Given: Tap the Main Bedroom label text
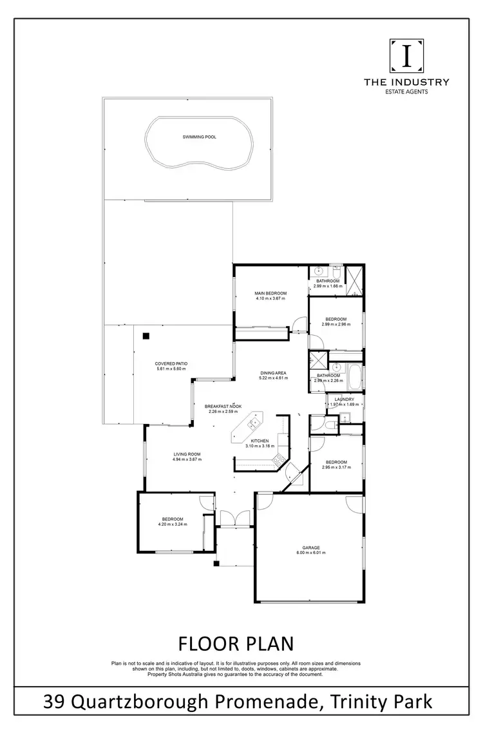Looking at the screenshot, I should [270, 293].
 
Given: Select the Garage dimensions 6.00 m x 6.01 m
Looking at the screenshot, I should [310, 553].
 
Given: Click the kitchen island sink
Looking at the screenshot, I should [253, 423].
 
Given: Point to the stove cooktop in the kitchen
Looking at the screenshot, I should [279, 459].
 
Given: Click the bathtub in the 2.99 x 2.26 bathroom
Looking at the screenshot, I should [355, 376].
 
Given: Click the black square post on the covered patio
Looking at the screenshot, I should [146, 335].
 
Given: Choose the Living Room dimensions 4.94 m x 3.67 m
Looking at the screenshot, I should [187, 459].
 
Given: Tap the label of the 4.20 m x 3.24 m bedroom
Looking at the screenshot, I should [172, 519].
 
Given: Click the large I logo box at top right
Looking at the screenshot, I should [406, 57].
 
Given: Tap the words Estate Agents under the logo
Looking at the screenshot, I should [406, 91].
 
